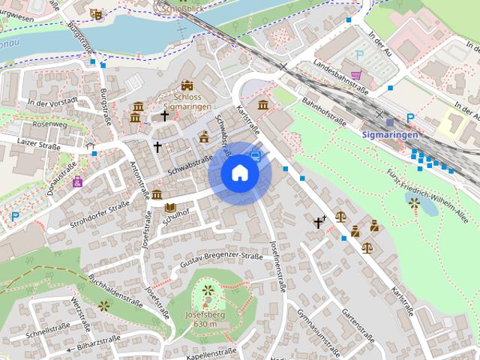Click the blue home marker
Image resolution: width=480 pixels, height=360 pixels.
tap(240, 173)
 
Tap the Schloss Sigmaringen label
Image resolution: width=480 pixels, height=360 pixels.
tap(186, 103)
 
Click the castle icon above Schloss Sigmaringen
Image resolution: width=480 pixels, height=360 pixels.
tap(187, 86)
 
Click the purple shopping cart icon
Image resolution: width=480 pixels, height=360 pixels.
tap(356, 75)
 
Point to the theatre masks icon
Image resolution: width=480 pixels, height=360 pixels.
tap(95, 13)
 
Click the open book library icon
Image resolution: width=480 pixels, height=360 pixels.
tap(170, 208)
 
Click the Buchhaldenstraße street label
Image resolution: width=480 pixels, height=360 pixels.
tap(115, 291)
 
